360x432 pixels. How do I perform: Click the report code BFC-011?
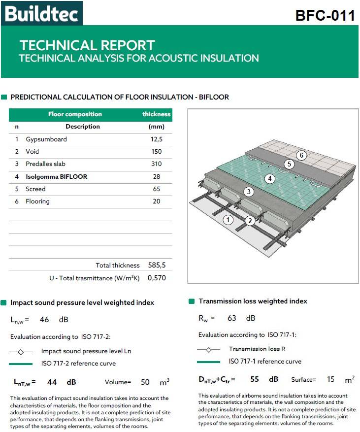pyautogui.click(x=325, y=15)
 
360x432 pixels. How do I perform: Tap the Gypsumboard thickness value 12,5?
pyautogui.click(x=157, y=139)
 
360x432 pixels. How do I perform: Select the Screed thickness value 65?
pyautogui.click(x=157, y=189)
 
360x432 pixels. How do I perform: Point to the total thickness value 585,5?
pyautogui.click(x=157, y=265)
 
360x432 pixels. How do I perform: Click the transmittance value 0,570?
pyautogui.click(x=157, y=278)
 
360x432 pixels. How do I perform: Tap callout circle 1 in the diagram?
pyautogui.click(x=228, y=220)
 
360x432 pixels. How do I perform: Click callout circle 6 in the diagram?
pyautogui.click(x=302, y=156)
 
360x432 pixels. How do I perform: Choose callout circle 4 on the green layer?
pyautogui.click(x=270, y=178)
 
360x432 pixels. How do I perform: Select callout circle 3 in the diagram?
pyautogui.click(x=249, y=192)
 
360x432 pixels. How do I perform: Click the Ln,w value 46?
pyautogui.click(x=44, y=319)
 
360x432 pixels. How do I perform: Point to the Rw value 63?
pyautogui.click(x=232, y=318)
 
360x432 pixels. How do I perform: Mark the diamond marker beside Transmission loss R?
pyautogui.click(x=209, y=349)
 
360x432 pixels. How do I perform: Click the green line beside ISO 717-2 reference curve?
pyautogui.click(x=21, y=364)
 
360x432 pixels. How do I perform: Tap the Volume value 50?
pyautogui.click(x=145, y=382)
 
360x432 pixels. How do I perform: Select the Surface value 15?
pyautogui.click(x=330, y=380)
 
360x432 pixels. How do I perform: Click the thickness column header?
pyautogui.click(x=156, y=114)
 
